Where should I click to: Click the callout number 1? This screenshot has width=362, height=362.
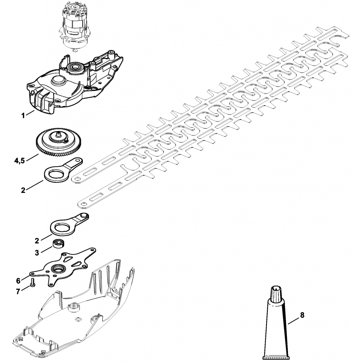23,115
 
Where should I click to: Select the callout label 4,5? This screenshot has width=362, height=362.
19,161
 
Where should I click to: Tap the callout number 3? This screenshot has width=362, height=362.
37,253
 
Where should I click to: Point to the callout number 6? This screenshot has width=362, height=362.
18,281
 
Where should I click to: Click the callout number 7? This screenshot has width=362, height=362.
18,292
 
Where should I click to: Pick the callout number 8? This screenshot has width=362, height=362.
302,315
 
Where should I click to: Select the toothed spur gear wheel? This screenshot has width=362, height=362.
56,142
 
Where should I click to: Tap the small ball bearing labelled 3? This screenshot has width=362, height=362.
58,244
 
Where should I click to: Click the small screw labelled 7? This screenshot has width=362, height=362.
32,282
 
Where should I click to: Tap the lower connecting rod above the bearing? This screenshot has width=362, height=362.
69,225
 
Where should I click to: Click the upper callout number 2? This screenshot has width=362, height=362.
23,191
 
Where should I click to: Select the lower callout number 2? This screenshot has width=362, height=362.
37,241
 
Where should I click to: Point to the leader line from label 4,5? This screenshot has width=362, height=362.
32,158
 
